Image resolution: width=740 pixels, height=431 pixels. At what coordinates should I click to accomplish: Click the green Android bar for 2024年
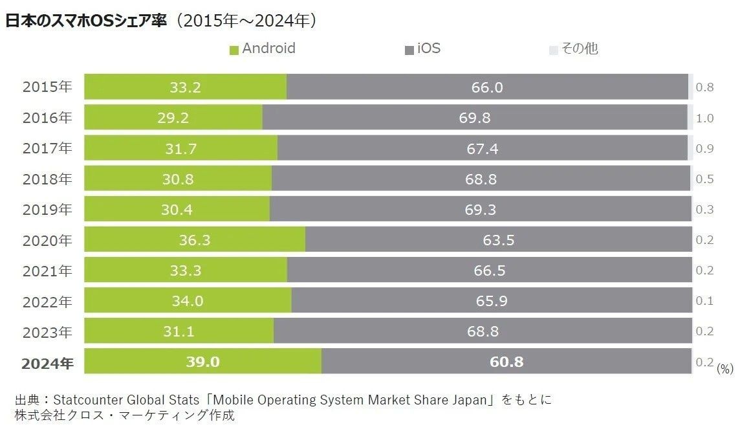202,361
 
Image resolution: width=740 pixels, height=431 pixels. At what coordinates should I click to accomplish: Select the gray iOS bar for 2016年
475,117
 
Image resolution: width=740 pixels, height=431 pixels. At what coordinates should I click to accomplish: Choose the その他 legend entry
574,49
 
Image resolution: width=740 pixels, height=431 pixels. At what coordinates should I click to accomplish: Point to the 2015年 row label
47,87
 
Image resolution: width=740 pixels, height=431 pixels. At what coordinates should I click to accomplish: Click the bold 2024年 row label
47,362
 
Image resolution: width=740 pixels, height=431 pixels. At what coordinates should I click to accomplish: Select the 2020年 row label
47,240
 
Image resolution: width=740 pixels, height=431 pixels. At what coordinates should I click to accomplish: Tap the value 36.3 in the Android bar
195,240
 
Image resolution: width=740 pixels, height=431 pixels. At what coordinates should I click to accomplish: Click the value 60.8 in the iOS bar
506,362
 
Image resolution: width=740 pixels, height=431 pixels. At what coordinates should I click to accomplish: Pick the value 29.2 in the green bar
173,118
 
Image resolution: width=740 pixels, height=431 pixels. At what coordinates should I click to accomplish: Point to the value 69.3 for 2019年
481,210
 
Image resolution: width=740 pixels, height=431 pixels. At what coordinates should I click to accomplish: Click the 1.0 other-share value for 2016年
704,118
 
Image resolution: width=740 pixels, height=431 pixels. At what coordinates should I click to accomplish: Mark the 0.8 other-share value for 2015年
704,87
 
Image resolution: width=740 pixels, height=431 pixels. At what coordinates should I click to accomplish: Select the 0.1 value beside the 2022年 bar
704,301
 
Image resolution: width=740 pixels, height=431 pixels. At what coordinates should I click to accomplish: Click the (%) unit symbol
725,369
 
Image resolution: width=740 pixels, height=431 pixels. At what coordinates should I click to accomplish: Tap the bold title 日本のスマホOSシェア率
86,21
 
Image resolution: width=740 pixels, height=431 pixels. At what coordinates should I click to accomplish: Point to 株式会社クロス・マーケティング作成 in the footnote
124,415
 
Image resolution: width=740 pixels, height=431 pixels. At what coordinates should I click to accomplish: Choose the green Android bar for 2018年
178,179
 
